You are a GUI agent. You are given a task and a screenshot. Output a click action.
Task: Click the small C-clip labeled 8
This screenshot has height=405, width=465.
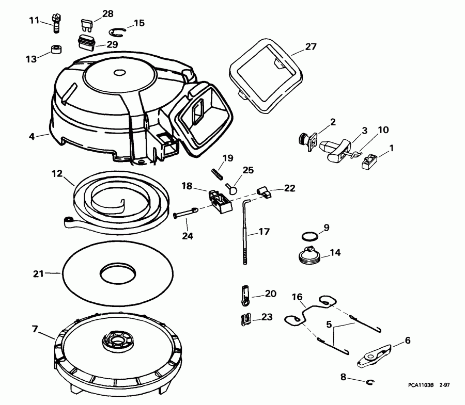pos(370,382)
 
